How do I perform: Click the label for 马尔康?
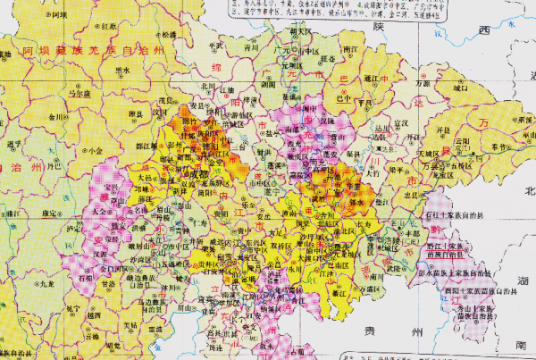(83, 92)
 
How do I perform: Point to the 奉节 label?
(488, 142)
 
